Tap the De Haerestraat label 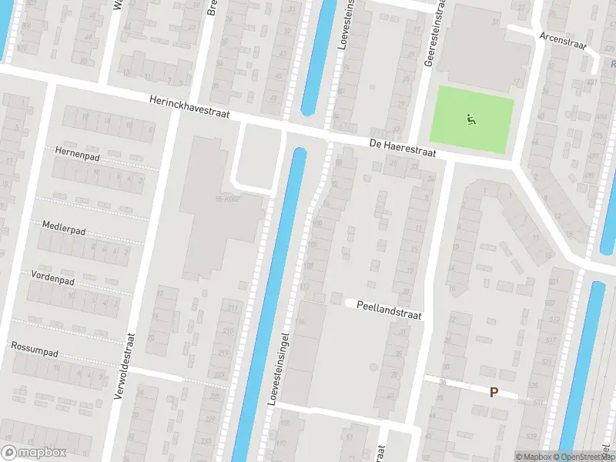tap(402, 149)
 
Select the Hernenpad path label tap(74, 152)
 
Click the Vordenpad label tap(52, 276)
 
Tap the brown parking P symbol tap(494, 391)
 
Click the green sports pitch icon tap(471, 119)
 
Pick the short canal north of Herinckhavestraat tap(316, 58)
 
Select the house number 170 tap(282, 444)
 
